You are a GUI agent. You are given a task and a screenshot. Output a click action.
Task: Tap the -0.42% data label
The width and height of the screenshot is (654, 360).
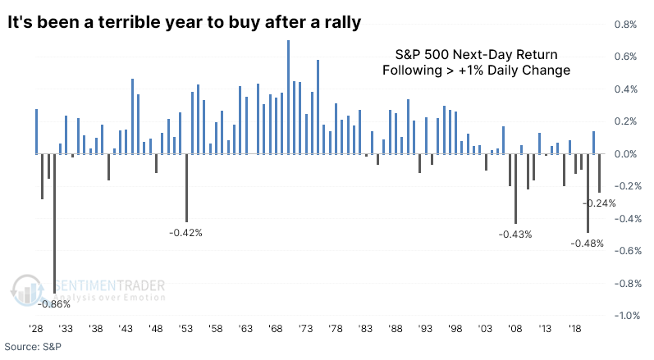[x=185, y=233]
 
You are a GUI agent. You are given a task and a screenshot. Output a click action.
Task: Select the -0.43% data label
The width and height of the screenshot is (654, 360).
[x=515, y=235]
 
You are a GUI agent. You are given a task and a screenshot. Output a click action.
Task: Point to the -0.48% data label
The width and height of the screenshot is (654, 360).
[x=587, y=244]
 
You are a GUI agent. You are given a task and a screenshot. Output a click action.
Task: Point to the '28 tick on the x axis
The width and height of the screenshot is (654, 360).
[x=36, y=327]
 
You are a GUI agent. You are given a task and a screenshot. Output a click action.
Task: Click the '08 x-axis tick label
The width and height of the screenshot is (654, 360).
[x=515, y=327]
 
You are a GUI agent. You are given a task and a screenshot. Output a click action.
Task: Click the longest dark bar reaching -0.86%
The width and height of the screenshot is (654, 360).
[x=55, y=223]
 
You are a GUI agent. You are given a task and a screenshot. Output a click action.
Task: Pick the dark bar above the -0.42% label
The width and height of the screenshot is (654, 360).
[x=186, y=188]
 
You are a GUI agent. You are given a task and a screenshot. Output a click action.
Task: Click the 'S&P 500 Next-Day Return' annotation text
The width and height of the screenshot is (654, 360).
[x=476, y=54]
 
